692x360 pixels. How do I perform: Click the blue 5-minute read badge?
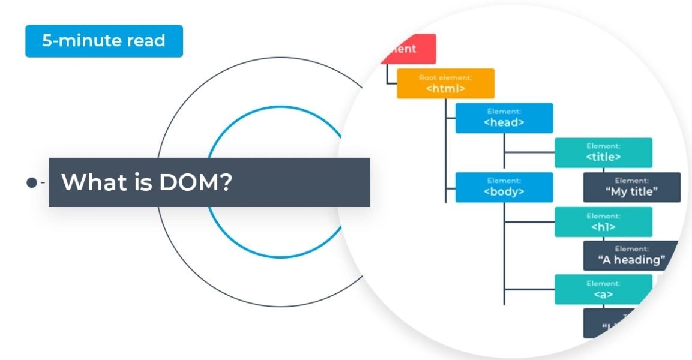point(104,41)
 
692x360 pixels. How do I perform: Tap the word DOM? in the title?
point(196,182)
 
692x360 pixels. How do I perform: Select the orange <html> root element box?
point(445,83)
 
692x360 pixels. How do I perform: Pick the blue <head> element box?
point(504,118)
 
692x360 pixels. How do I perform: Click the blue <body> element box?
point(504,187)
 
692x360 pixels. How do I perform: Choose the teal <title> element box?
point(603,152)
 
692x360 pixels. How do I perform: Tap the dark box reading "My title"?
point(631,187)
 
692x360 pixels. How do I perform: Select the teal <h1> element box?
point(603,222)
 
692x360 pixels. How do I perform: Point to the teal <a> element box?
point(603,290)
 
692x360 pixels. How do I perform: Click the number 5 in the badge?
point(46,41)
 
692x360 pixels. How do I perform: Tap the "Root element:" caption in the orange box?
point(445,77)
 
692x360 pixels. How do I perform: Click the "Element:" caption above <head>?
point(504,112)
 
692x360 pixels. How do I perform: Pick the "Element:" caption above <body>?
point(504,181)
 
